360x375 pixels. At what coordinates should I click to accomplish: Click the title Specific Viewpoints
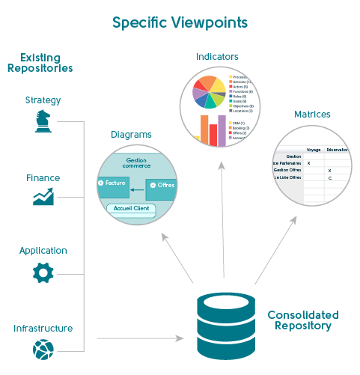click(x=180, y=22)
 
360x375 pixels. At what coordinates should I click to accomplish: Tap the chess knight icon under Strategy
click(x=43, y=121)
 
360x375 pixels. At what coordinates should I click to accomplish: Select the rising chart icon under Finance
click(x=43, y=198)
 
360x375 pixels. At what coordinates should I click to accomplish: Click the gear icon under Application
click(x=43, y=272)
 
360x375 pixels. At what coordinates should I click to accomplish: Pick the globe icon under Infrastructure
click(x=43, y=349)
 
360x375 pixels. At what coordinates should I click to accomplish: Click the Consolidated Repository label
click(x=302, y=320)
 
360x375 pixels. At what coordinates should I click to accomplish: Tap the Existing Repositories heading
click(x=40, y=63)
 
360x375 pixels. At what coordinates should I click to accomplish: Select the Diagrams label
click(x=131, y=135)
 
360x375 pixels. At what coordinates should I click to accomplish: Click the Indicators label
click(x=217, y=57)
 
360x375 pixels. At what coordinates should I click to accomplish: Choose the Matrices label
click(x=312, y=115)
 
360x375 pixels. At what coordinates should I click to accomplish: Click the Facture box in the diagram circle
click(x=113, y=183)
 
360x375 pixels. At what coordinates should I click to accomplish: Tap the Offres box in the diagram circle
click(x=163, y=185)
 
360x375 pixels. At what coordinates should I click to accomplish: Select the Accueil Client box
click(x=130, y=209)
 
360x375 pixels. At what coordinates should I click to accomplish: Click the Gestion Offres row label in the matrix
click(x=287, y=170)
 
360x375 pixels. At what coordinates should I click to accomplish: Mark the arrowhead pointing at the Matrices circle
click(x=293, y=222)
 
